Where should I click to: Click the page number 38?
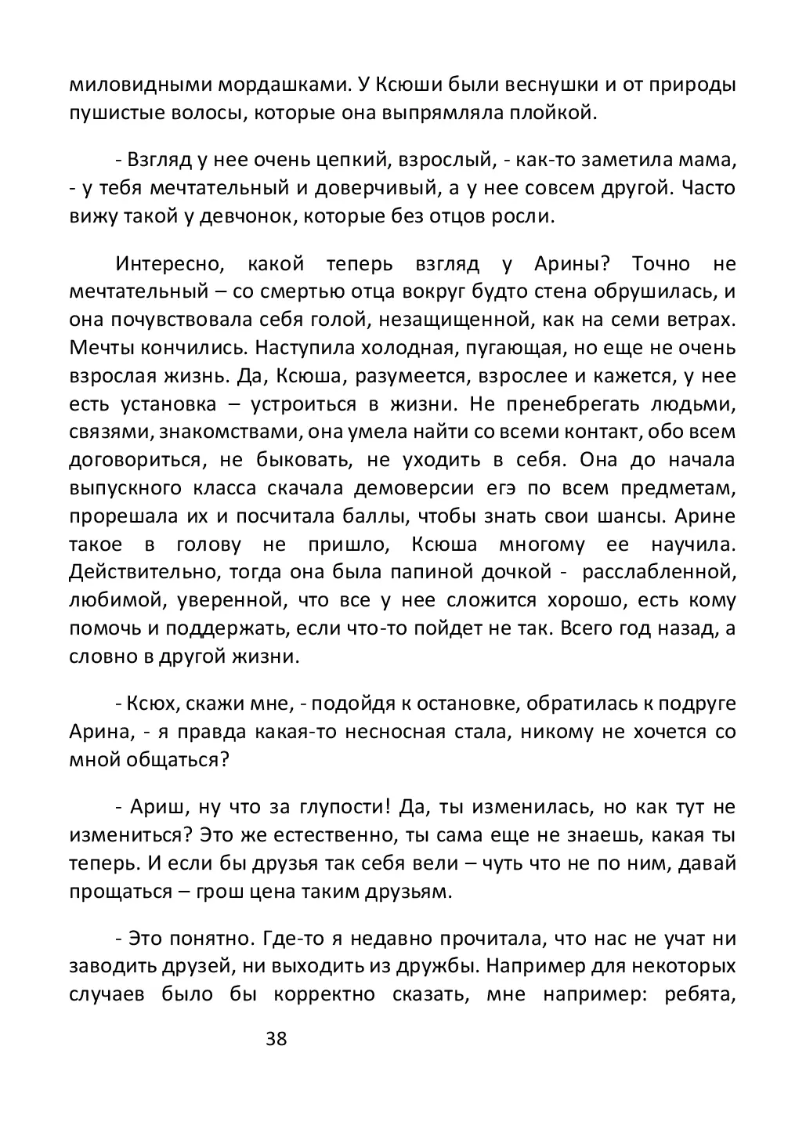(276, 1040)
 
